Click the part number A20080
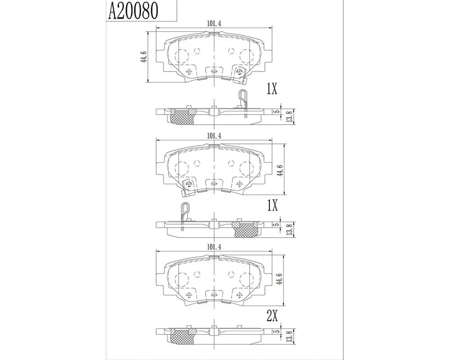tap(133, 11)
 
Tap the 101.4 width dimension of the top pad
tap(214, 24)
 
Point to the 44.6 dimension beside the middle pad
tap(280, 170)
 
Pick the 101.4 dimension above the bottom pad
tap(214, 247)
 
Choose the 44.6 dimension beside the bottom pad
tap(280, 279)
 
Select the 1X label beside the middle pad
tap(272, 206)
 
